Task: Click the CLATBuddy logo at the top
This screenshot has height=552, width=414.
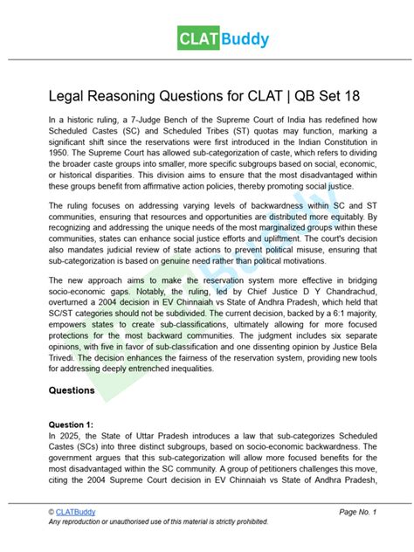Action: (207, 39)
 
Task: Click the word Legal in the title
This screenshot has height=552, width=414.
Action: (70, 95)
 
